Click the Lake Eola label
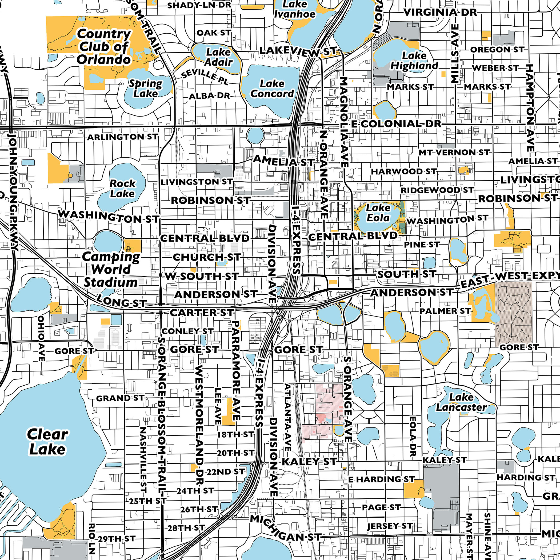click(378, 213)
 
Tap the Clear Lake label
click(47, 442)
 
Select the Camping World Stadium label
click(111, 269)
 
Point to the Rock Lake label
click(122, 189)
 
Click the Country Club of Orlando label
click(103, 47)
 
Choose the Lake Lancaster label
click(461, 402)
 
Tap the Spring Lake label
click(146, 89)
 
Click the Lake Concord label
click(272, 89)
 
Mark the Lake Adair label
click(219, 57)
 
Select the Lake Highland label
click(414, 60)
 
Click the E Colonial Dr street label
click(396, 124)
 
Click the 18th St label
click(235, 434)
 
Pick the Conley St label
click(187, 331)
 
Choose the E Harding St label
click(381, 479)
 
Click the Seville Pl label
click(205, 77)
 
